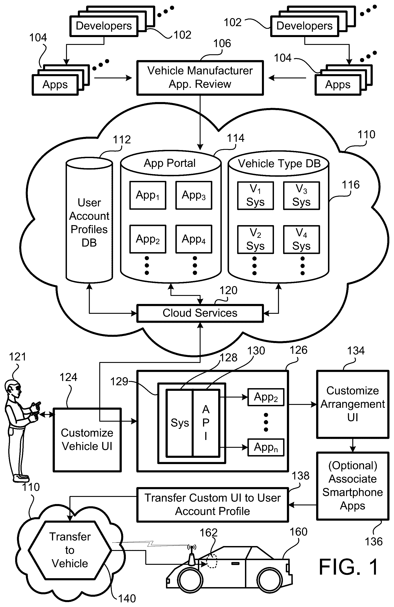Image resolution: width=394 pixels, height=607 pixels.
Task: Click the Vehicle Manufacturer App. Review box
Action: (x=200, y=78)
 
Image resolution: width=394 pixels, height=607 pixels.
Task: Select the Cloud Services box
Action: (x=200, y=313)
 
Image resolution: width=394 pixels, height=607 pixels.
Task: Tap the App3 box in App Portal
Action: (x=194, y=195)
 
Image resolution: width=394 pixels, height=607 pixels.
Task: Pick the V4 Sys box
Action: (x=301, y=239)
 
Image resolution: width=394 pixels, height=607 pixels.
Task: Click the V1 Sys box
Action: (x=255, y=196)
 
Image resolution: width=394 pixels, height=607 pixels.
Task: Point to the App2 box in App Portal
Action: (x=148, y=239)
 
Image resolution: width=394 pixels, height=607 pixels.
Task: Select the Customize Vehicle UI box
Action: (x=87, y=440)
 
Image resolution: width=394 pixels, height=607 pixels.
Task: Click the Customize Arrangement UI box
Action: (x=353, y=404)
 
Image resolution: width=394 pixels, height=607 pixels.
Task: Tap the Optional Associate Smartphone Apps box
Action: (x=353, y=486)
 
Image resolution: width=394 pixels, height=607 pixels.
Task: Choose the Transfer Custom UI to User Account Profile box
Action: (x=213, y=504)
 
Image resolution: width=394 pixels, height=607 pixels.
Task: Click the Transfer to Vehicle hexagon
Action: (x=70, y=550)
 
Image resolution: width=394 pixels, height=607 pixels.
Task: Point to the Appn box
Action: (x=266, y=447)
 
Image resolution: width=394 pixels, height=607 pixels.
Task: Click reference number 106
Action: (x=222, y=43)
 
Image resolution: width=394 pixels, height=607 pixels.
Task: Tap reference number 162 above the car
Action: (x=208, y=533)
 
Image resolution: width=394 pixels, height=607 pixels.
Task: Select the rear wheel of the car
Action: (x=270, y=579)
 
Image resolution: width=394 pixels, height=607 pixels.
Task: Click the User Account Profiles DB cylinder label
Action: (x=89, y=223)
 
